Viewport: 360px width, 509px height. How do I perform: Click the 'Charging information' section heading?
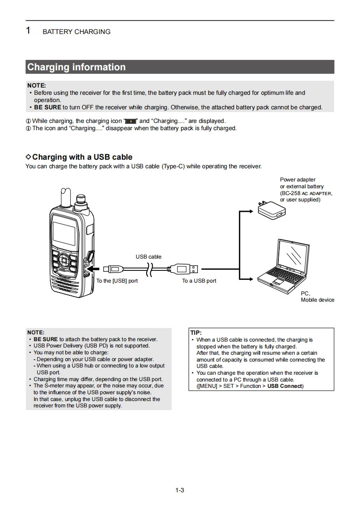click(76, 67)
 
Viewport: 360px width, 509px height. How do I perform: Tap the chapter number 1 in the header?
click(28, 31)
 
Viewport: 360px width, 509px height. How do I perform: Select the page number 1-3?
click(179, 490)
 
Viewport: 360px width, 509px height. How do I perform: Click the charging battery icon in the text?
click(131, 121)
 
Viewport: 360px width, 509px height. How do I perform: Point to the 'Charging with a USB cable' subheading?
click(82, 157)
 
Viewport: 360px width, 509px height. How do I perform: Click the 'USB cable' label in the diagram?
click(148, 257)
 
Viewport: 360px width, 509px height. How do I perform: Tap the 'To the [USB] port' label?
click(117, 281)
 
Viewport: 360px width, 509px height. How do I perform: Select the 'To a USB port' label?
click(199, 281)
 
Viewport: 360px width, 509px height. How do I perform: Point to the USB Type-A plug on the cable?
click(186, 269)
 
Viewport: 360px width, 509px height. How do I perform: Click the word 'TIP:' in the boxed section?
click(196, 333)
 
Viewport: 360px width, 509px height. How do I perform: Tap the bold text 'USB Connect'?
click(284, 386)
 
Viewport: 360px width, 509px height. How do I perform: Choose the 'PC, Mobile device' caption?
click(317, 297)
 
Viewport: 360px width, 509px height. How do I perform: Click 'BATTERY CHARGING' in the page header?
click(76, 32)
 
